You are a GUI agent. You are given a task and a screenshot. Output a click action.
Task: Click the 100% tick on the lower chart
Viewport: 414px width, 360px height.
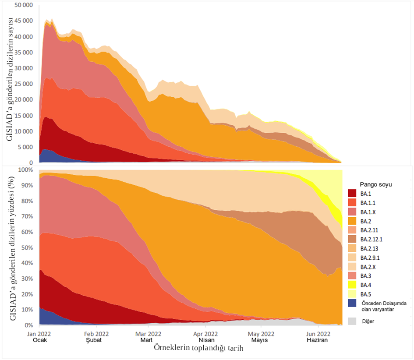[x=26, y=169]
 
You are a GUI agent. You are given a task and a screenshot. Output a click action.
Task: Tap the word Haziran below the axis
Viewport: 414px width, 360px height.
[x=317, y=340]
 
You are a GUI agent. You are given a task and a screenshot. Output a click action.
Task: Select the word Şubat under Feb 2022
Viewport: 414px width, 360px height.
[x=94, y=340]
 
